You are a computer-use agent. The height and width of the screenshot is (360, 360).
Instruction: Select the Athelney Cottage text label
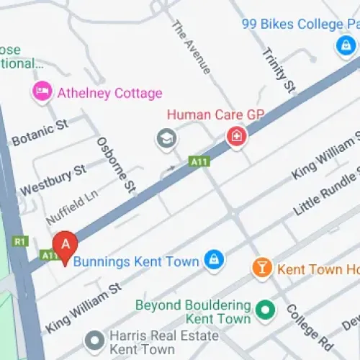pyautogui.click(x=109, y=93)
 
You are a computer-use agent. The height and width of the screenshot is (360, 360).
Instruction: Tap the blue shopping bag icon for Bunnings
pyautogui.click(x=213, y=260)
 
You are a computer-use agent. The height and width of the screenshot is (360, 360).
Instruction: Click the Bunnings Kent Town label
pyautogui.click(x=135, y=261)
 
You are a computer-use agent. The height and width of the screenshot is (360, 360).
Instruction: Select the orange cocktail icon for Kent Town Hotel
pyautogui.click(x=261, y=269)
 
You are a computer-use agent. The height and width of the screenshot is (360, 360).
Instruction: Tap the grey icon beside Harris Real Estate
pyautogui.click(x=94, y=338)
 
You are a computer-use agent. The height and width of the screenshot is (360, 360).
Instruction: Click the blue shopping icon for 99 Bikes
pyautogui.click(x=345, y=47)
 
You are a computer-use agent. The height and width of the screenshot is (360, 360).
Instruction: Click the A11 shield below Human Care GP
pyautogui.click(x=199, y=161)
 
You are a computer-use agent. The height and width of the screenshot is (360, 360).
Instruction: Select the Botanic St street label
pyautogui.click(x=41, y=131)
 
